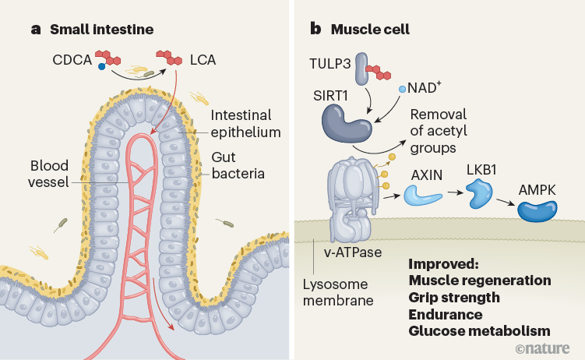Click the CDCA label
72,58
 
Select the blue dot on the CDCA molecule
102,68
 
